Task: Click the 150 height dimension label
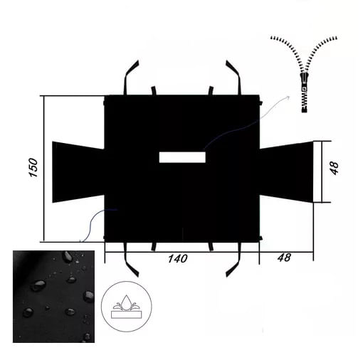coord(33,167)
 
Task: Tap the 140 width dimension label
coord(177,258)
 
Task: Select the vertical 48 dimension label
coord(335,168)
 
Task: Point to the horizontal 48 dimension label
coord(284,258)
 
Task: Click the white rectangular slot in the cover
coord(182,157)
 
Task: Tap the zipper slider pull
coord(305,82)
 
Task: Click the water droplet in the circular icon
coord(127,302)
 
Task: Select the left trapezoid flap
coord(78,172)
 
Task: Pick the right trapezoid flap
coord(287,171)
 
